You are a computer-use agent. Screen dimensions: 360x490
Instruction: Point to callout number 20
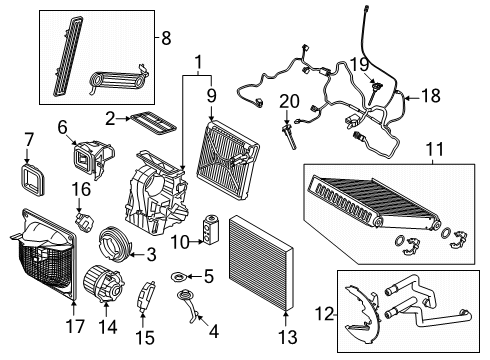pyautogui.click(x=289, y=101)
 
